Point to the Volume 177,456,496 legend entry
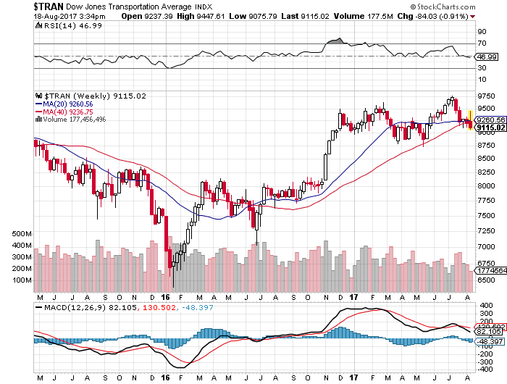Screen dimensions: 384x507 click(x=72, y=120)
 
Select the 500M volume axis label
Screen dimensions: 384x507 click(x=23, y=234)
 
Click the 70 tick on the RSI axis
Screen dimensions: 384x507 click(x=480, y=44)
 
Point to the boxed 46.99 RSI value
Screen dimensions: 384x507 click(x=485, y=57)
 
